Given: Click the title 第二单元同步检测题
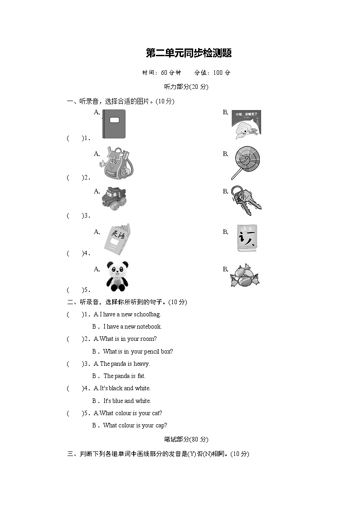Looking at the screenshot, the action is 189,53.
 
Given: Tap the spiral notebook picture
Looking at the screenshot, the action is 114,124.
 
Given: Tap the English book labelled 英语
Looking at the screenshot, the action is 117,237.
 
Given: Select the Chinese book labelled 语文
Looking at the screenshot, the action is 246,238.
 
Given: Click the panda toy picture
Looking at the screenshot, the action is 117,276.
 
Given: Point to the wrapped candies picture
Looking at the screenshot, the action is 245,276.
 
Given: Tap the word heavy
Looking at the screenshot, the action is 141,364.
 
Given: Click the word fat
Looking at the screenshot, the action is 141,376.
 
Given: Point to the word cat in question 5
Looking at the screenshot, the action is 157,413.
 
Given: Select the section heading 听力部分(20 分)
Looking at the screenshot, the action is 186,87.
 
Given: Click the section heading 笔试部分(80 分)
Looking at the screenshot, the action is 186,439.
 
